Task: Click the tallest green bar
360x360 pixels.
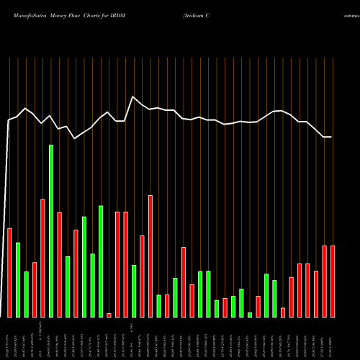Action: pos(51,230)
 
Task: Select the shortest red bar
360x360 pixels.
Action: pos(109,315)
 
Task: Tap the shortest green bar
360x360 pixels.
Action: pos(250,315)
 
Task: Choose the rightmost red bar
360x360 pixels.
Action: pos(333,282)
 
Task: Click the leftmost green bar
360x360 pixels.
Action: pos(18,280)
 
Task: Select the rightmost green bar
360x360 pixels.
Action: pos(274,299)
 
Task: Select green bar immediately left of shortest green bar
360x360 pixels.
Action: pos(241,303)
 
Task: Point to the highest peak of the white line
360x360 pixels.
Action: pos(133,96)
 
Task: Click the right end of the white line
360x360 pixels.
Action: pos(332,137)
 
